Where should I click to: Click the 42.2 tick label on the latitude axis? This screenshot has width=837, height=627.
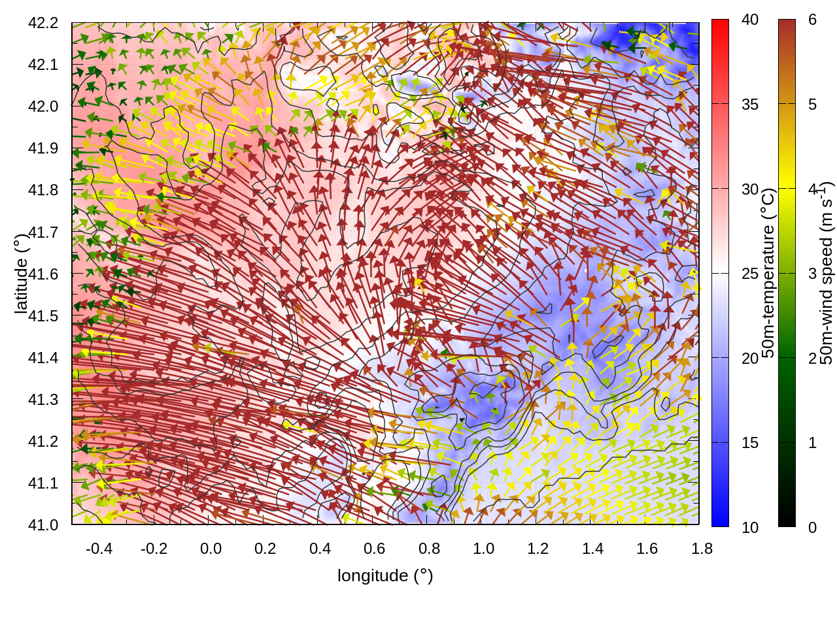[x=43, y=23]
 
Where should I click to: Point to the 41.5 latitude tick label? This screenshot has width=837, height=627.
[x=43, y=316]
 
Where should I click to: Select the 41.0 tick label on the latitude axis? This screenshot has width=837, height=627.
[x=43, y=525]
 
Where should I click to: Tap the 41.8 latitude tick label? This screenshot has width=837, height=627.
[x=43, y=190]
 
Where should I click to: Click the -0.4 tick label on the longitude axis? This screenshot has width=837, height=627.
[x=99, y=549]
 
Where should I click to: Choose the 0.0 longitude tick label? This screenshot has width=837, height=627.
[x=211, y=549]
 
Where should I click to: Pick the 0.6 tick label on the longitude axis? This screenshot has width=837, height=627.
[x=374, y=549]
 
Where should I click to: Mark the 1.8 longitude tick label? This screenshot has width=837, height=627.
[x=702, y=549]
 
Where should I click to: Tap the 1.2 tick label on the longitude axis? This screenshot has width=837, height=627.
[x=538, y=549]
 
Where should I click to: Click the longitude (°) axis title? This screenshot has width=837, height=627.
[x=385, y=575]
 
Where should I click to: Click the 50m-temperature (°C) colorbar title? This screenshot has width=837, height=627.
[x=768, y=273]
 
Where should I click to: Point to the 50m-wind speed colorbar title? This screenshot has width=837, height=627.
[x=826, y=273]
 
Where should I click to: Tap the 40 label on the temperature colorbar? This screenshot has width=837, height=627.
[x=750, y=20]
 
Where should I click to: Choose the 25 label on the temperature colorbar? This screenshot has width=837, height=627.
[x=750, y=274]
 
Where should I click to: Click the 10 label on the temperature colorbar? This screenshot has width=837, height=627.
[x=750, y=528]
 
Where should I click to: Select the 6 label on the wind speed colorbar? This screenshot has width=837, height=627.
[x=812, y=20]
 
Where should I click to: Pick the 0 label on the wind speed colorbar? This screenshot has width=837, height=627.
[x=812, y=528]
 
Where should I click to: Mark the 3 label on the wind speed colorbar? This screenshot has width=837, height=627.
[x=812, y=274]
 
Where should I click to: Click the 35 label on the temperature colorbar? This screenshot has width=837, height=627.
[x=750, y=104]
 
